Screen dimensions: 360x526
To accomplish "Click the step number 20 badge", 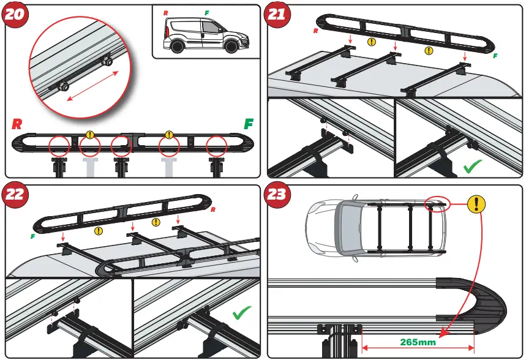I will click(x=15, y=15).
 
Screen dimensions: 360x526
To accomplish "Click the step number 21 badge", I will click(x=277, y=15).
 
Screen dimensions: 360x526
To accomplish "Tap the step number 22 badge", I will click(x=15, y=195).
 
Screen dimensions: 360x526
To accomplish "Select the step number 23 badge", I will click(x=277, y=195).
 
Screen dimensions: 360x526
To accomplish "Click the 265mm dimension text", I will click(x=418, y=342).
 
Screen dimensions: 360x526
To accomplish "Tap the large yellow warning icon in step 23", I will click(x=476, y=205).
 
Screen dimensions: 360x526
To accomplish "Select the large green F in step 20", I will click(x=249, y=123).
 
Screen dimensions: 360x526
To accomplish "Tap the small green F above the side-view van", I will click(x=206, y=12).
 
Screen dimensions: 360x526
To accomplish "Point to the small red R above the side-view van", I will click(x=166, y=12).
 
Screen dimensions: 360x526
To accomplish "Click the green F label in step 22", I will click(x=32, y=236).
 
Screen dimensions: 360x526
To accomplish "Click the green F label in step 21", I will click(x=495, y=56).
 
